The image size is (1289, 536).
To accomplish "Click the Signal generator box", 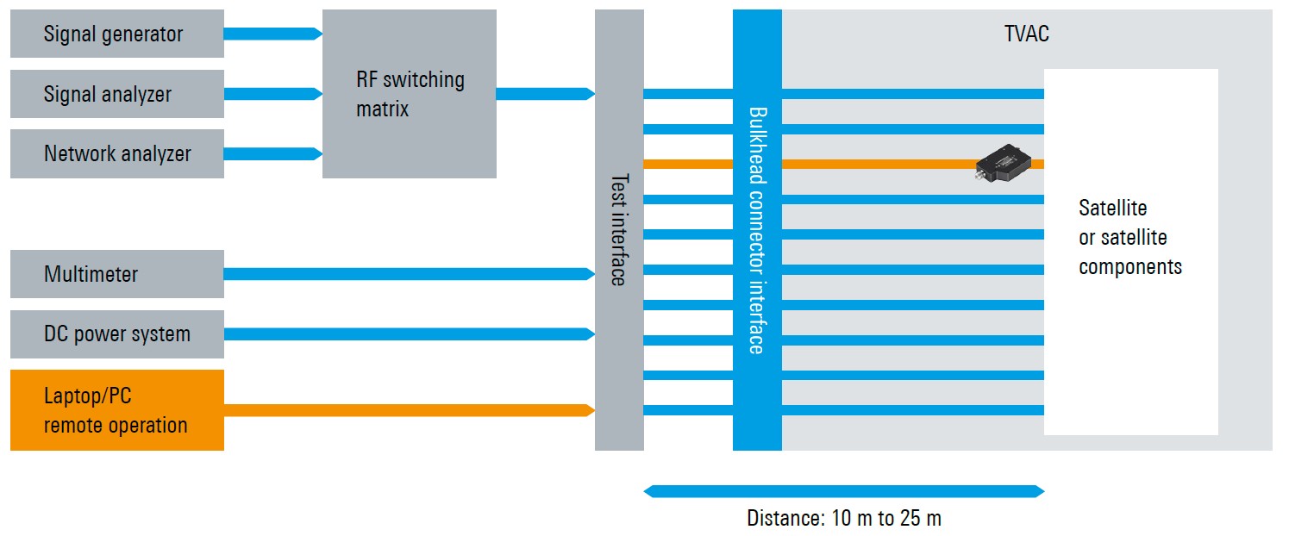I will (x=116, y=34).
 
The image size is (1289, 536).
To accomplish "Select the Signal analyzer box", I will (x=116, y=94).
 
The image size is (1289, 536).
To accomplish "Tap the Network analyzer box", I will (x=116, y=154).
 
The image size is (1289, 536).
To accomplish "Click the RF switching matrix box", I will (x=409, y=94).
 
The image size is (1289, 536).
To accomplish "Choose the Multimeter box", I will (x=116, y=274).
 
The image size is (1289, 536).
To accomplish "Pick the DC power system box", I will (x=116, y=334).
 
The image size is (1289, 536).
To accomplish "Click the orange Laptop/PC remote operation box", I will (x=116, y=410).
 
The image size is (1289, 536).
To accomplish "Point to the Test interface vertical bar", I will (x=619, y=230).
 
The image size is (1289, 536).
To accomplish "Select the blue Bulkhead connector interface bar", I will (x=757, y=230).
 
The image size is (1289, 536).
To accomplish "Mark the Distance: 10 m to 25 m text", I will (x=843, y=519).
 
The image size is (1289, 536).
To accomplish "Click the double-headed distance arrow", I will (x=843, y=491).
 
